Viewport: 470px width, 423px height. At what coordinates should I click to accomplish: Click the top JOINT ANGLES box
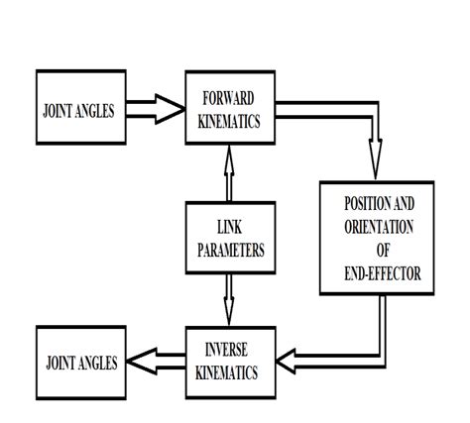coord(80,110)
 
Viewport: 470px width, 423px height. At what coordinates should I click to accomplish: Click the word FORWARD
coord(228,98)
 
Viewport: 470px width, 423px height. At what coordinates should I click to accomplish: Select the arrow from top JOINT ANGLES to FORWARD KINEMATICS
coord(157,109)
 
